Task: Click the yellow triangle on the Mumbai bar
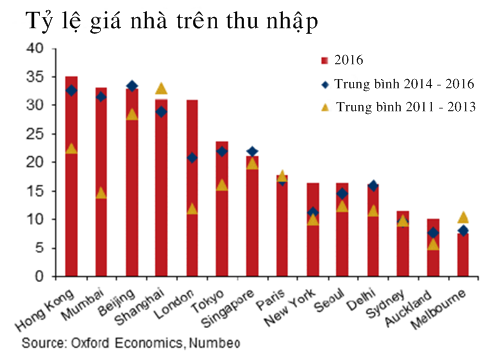click(x=101, y=192)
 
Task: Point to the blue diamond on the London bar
click(x=192, y=158)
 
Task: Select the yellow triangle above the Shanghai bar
click(x=161, y=88)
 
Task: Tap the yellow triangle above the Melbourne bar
click(x=461, y=217)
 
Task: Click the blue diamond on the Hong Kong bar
click(x=71, y=90)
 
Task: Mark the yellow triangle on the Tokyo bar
click(x=222, y=184)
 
